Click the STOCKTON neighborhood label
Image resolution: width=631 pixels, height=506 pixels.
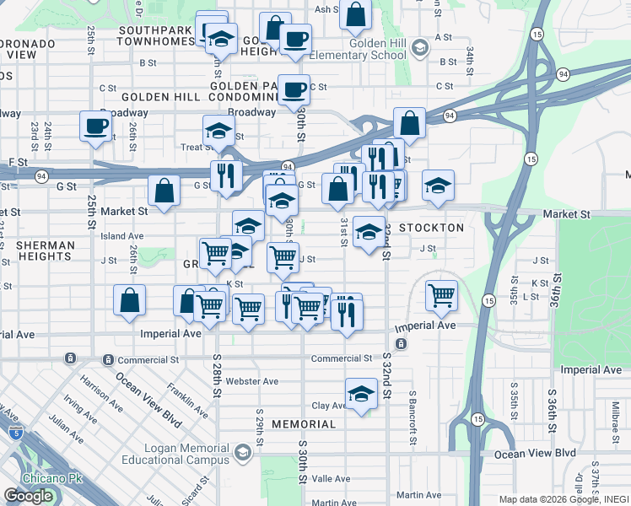click(431, 228)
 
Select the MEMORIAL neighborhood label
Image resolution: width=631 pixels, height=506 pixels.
click(304, 424)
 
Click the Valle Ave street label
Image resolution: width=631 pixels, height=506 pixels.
click(331, 478)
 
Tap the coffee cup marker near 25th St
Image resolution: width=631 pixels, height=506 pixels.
click(95, 127)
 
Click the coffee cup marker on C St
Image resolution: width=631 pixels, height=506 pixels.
click(294, 89)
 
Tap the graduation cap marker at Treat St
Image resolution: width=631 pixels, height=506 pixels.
click(218, 132)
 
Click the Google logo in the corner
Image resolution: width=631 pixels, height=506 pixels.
click(28, 496)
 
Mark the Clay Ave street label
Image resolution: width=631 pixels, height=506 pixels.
click(330, 406)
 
